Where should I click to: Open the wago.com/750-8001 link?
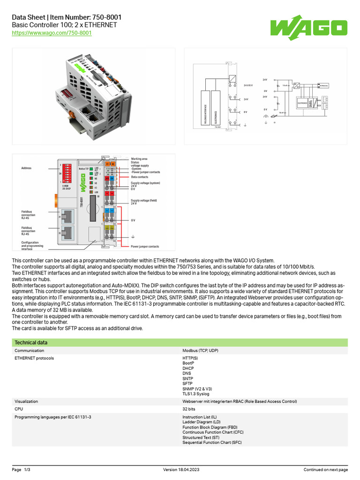coord(52,33)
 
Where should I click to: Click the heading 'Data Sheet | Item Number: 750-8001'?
coord(67,17)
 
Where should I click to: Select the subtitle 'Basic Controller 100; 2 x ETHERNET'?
coord(64,25)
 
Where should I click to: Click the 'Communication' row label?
coord(30,351)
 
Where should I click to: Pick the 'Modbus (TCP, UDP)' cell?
coord(200,351)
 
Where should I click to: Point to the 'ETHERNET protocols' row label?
coord(34,359)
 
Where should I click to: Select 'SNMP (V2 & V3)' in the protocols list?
coord(197,389)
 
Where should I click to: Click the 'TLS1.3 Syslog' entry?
coord(196,394)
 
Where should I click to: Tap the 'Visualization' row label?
coord(26,402)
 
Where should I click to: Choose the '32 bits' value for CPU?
coord(189,409)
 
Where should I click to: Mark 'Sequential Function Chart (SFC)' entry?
coord(212,442)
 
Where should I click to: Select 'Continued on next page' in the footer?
coord(325,470)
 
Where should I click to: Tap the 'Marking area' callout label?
coord(139,159)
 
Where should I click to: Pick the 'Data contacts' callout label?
coord(140,177)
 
